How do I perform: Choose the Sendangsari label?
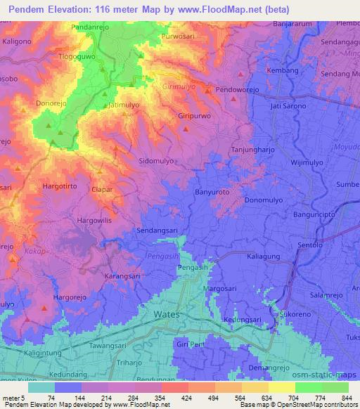pyautogui.click(x=156, y=230)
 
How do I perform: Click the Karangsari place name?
pyautogui.click(x=122, y=277)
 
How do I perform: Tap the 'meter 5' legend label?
pyautogui.click(x=13, y=397)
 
